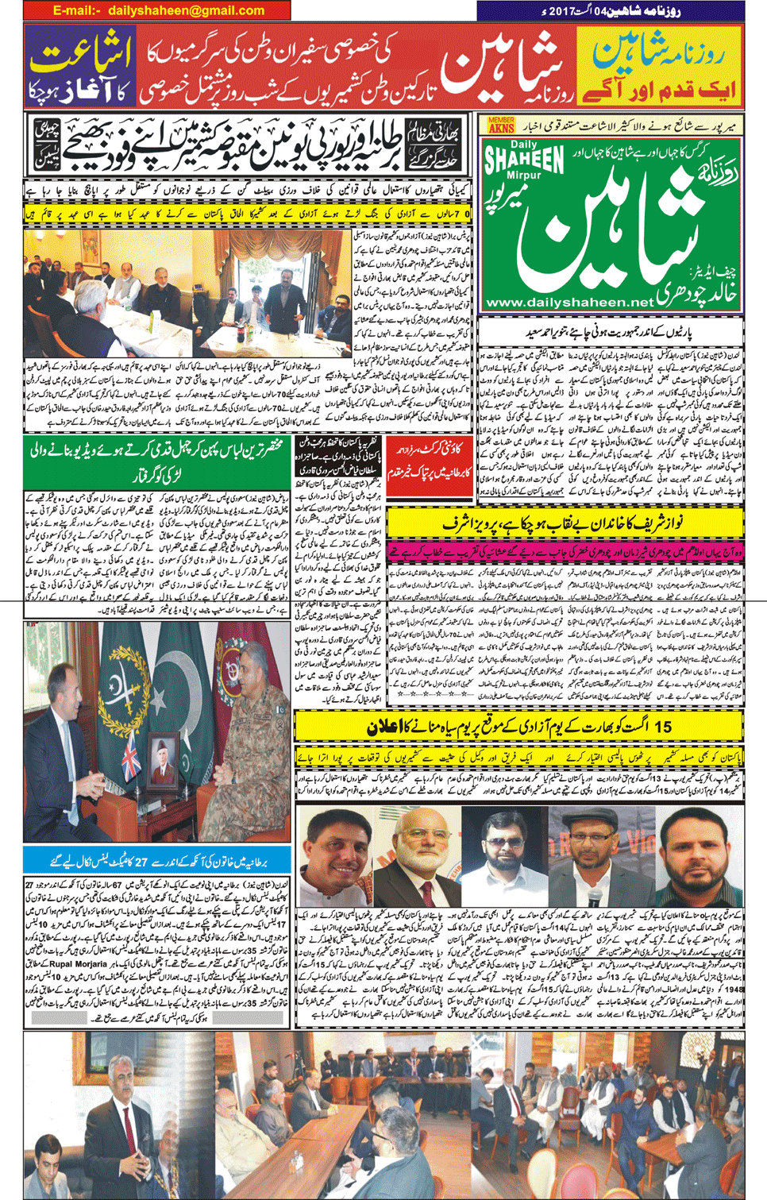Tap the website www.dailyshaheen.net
tap(569, 303)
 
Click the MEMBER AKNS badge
tap(501, 125)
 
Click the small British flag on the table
tap(132, 750)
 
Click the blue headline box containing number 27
tap(156, 860)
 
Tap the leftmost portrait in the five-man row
tap(337, 854)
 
